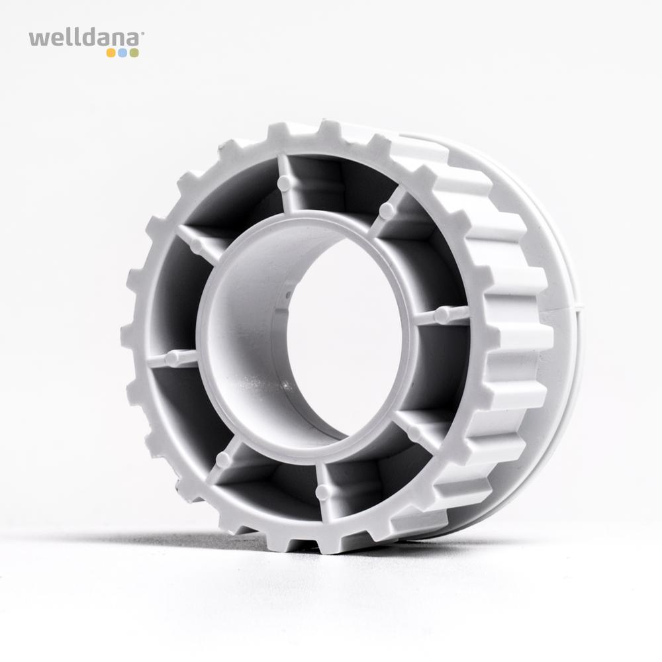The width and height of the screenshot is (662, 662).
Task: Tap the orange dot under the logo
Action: point(111,53)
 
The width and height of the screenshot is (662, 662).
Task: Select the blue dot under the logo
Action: point(122,53)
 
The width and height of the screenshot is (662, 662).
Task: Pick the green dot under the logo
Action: point(134,53)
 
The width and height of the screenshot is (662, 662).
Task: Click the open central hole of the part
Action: point(346,338)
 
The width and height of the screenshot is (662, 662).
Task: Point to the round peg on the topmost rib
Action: point(285,183)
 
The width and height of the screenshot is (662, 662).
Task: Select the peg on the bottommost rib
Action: point(322,491)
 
